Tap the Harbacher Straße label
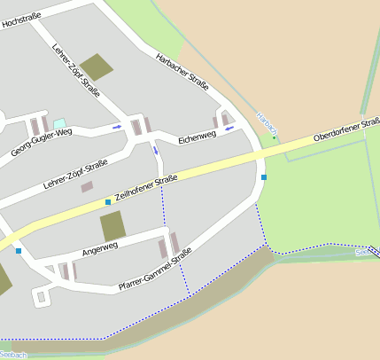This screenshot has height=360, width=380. (182, 72)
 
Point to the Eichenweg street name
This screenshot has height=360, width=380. (197, 138)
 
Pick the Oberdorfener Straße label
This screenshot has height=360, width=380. (346, 130)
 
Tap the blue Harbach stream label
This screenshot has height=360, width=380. (267, 123)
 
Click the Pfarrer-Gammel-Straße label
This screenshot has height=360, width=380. (155, 272)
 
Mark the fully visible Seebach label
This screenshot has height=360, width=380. (13, 355)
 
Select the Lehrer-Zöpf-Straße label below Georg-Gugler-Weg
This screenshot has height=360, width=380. (75, 175)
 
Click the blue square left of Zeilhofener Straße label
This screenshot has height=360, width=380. (108, 202)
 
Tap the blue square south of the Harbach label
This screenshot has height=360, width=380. (264, 177)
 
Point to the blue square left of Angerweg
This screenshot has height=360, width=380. (19, 251)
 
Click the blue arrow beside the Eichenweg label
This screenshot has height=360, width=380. (230, 129)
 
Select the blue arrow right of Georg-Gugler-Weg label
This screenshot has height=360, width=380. (117, 127)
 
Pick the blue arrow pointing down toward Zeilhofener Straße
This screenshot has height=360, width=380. (157, 150)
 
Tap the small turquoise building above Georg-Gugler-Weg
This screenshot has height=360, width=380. (59, 123)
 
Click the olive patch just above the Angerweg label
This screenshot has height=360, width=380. (112, 226)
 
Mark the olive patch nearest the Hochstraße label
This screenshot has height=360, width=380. (97, 67)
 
